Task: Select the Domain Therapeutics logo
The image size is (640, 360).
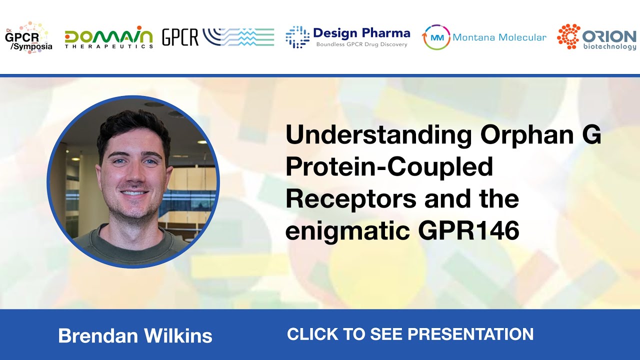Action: (x=108, y=37)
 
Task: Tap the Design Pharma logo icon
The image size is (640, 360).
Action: (x=297, y=37)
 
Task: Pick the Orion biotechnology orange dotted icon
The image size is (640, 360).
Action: (x=568, y=36)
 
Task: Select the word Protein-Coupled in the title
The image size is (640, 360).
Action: (x=389, y=167)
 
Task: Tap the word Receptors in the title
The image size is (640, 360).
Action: (x=350, y=199)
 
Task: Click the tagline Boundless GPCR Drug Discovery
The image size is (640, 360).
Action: (x=361, y=44)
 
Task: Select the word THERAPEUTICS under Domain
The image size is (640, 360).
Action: (x=108, y=46)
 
